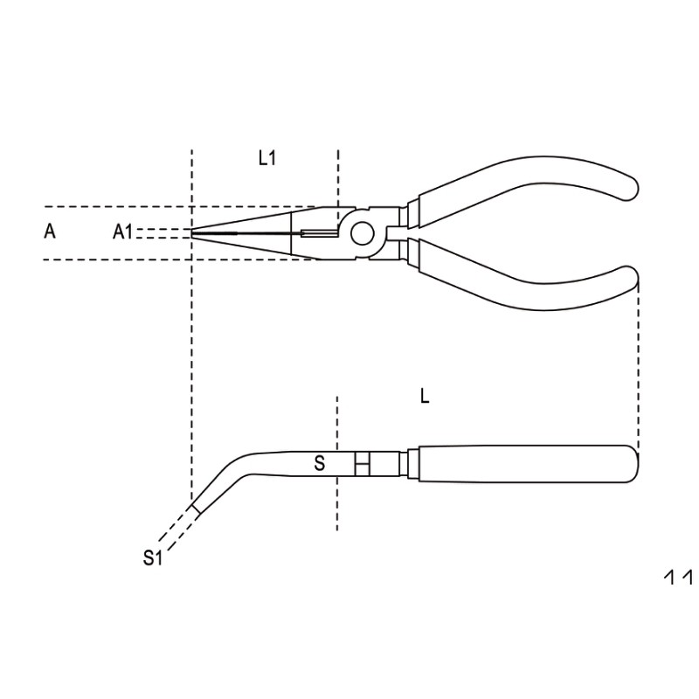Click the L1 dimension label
(x=267, y=158)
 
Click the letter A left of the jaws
(x=50, y=232)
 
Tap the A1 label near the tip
(x=123, y=232)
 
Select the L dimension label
(x=425, y=397)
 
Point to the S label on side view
(x=320, y=464)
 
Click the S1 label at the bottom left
(x=153, y=557)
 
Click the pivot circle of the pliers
(x=363, y=232)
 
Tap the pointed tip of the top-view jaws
(x=194, y=232)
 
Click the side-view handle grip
(x=524, y=463)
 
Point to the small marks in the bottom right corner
(x=678, y=577)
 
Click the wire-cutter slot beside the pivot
(x=318, y=232)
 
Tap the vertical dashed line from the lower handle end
(x=639, y=367)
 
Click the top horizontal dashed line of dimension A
(x=114, y=207)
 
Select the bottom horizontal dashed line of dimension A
(x=114, y=260)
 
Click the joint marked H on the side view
(x=363, y=463)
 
